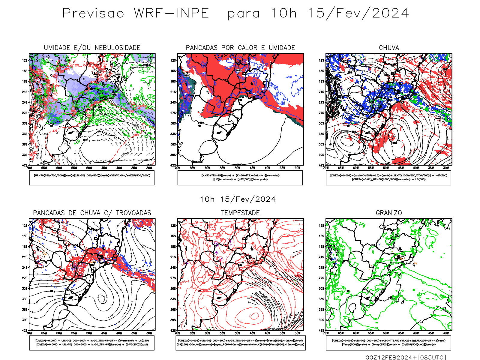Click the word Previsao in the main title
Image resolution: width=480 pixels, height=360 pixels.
click(x=93, y=13)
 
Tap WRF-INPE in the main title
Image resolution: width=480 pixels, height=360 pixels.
click(x=171, y=13)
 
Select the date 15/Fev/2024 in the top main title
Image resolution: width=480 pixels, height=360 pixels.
click(x=358, y=13)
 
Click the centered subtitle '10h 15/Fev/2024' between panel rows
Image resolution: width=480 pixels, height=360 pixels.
click(x=238, y=199)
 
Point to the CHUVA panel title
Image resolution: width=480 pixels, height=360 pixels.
click(x=389, y=48)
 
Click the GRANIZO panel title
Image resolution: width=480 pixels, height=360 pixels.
click(x=389, y=213)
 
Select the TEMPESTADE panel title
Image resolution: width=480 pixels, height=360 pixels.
click(x=240, y=213)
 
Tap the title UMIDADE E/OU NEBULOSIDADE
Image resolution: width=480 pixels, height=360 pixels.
click(x=92, y=48)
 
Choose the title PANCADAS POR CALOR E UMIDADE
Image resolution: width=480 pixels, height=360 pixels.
click(x=240, y=48)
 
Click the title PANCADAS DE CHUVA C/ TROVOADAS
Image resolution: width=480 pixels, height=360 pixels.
click(x=92, y=213)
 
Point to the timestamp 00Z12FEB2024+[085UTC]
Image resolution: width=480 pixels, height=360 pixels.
click(x=406, y=357)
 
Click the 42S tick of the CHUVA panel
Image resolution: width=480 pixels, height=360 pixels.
click(x=322, y=165)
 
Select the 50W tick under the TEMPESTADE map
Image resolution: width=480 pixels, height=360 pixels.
click(x=237, y=333)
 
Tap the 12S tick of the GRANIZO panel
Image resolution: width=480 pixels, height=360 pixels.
click(x=322, y=226)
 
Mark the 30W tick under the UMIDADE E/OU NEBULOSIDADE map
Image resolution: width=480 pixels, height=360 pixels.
click(x=149, y=168)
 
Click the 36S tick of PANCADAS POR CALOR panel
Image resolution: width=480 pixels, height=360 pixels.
click(x=173, y=144)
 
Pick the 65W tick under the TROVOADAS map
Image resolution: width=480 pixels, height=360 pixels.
click(x=44, y=333)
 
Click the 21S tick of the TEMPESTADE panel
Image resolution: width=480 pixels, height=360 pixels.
click(x=173, y=257)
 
